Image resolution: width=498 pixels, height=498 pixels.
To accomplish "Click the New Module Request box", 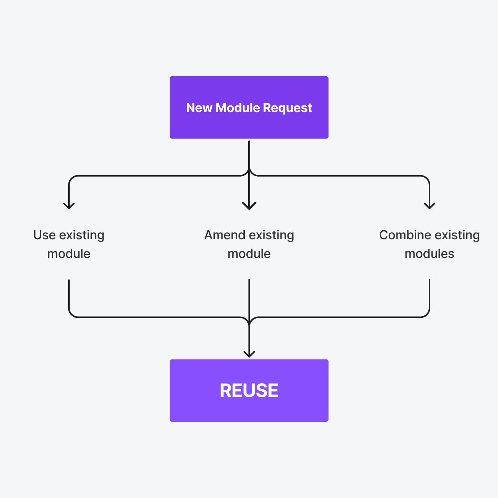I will pos(249,124).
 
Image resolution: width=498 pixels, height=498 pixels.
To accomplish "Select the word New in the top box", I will pos(199,108).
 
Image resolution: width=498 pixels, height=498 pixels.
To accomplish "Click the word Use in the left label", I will pos(44,235).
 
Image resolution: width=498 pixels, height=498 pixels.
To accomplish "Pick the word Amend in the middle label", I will pos(224,235).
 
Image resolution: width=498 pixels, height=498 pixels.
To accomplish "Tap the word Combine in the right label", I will pos(405,235).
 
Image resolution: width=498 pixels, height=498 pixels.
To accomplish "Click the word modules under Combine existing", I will pos(429,254).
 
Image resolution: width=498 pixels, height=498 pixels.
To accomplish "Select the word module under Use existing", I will pos(69,254).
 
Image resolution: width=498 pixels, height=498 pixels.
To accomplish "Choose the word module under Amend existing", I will pos(249,254).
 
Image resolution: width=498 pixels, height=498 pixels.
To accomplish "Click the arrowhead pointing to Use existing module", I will pos(69,205).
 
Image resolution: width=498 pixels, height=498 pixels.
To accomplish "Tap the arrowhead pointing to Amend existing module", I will pos(249,206).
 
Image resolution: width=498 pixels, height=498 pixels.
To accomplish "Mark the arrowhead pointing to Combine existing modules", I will pos(430,205).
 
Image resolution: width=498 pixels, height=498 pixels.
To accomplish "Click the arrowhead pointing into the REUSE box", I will pos(249,354).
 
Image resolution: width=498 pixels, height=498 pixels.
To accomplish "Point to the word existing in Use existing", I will pos(82,235).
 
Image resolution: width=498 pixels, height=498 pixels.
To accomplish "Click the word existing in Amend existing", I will pos(271,235).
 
